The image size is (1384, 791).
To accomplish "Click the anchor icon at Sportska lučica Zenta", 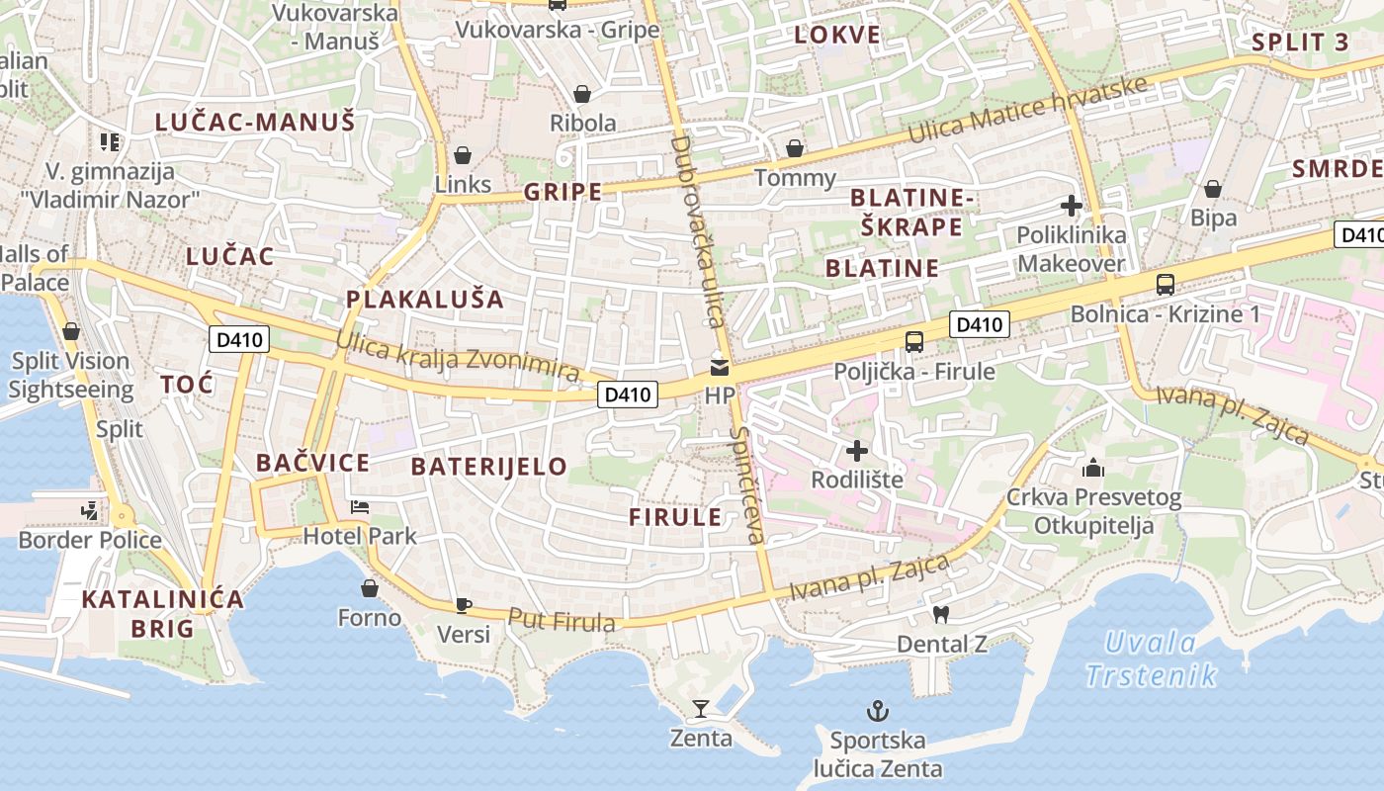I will coord(876,710).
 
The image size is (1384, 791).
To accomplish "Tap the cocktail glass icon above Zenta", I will coord(701,708).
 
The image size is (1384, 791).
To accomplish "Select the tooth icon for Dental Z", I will coord(940,615).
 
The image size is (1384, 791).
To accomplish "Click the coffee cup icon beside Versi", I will coord(462,605).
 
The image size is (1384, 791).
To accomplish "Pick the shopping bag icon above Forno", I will coord(370,589).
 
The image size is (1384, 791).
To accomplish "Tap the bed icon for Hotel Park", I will coord(360,507).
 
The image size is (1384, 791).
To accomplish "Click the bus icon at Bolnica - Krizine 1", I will coord(1166,285).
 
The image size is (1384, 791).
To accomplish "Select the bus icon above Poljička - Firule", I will coord(914,342).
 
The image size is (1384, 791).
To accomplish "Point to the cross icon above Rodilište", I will coord(857,452).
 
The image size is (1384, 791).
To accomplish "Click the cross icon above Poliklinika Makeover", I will coord(1071,207).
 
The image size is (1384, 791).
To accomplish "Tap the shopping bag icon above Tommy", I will coord(795,149).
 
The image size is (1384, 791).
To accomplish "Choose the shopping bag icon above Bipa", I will coord(1213,189).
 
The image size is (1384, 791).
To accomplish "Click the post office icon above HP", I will coord(720,369).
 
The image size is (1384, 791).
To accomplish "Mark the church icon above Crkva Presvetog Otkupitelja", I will coord(1093,468).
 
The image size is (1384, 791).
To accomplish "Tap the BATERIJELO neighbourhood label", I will coord(488,467).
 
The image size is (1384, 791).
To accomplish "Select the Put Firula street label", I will coord(562,620).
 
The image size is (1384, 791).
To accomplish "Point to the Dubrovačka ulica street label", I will coord(697,231).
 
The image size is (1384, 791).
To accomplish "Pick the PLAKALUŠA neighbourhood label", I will coord(424,300).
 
